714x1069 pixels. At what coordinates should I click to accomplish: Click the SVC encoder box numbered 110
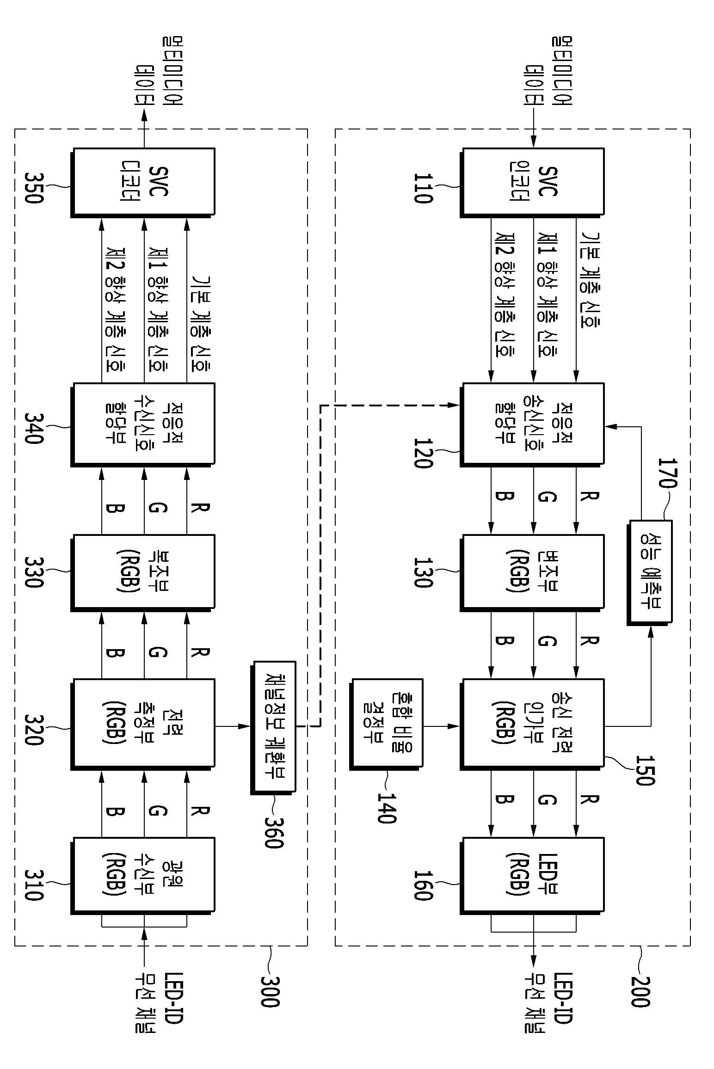[x=532, y=182]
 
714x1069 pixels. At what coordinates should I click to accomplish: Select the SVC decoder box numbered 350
[x=143, y=182]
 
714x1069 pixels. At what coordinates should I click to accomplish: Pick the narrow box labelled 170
[x=650, y=573]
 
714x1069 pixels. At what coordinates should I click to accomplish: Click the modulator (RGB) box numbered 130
[x=532, y=573]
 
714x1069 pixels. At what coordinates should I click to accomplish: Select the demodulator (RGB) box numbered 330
[x=143, y=573]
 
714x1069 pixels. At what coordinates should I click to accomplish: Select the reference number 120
[x=423, y=453]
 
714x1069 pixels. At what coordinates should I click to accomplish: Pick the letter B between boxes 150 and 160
[x=504, y=799]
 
